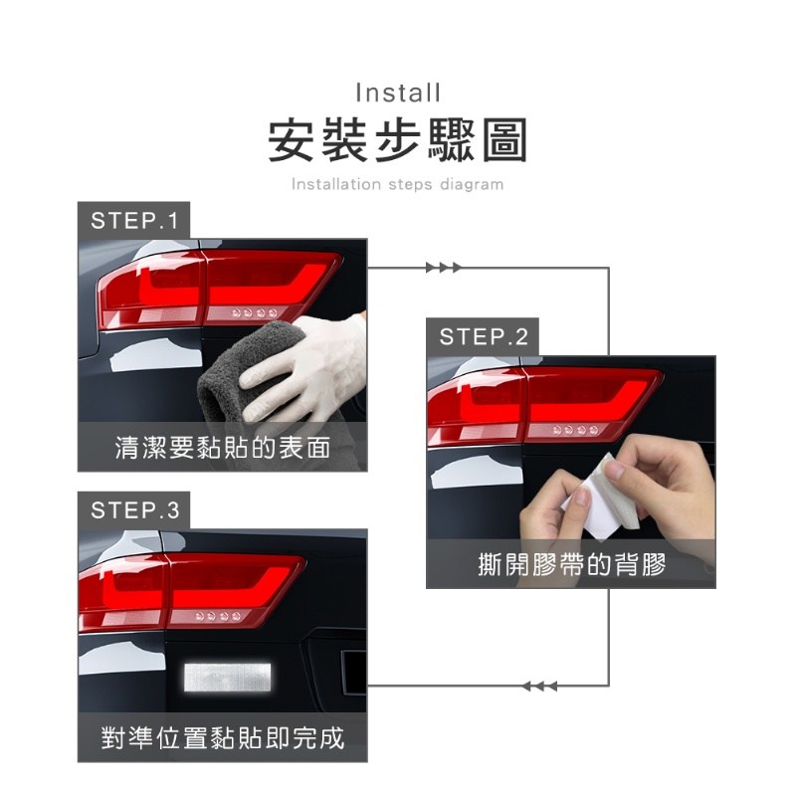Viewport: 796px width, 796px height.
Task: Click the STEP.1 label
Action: pos(134,221)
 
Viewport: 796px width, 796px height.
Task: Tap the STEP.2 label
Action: pos(484,337)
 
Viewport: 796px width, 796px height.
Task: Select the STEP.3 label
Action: pos(135,510)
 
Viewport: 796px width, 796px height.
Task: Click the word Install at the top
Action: pos(398,93)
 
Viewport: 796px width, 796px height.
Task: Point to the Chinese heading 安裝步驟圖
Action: pos(397,140)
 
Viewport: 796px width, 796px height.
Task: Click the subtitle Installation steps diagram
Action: pos(397,184)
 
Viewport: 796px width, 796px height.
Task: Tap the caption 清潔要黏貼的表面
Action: pos(223,447)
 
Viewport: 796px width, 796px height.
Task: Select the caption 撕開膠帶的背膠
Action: pos(571,564)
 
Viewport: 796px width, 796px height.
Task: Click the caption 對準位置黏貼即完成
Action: pos(223,737)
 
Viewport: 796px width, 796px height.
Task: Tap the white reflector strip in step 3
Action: pos(228,677)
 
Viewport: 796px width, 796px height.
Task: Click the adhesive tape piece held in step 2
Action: pos(602,497)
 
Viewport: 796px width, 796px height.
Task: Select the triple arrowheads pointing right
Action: pos(443,268)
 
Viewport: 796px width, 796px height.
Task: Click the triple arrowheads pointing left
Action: pos(539,687)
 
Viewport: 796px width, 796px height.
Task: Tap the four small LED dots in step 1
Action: pos(255,312)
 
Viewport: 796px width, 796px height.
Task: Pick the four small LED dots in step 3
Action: pos(218,616)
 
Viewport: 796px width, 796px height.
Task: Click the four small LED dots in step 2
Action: pos(576,431)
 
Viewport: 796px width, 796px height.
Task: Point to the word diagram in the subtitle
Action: pos(472,184)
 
